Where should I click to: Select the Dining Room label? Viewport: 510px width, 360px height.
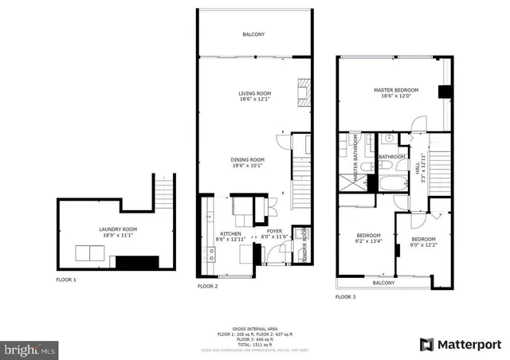tap(248, 162)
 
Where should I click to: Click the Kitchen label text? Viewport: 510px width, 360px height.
tap(230, 236)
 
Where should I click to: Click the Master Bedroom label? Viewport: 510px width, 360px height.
tap(395, 93)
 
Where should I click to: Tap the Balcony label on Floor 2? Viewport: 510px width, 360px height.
tap(253, 34)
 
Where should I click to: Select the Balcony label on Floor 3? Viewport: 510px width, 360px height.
tap(383, 283)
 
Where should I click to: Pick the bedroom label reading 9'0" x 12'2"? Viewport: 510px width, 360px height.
tap(423, 241)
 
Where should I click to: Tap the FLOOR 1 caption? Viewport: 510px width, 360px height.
tap(65, 280)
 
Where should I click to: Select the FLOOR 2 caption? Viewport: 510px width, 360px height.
tap(207, 285)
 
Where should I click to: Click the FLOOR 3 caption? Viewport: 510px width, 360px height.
tap(345, 295)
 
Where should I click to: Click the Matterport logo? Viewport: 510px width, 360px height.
tap(461, 344)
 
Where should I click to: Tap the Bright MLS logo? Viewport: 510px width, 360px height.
tap(30, 349)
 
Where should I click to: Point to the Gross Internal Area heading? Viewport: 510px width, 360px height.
tap(253, 328)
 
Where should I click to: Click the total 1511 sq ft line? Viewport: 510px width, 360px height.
tap(254, 342)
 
